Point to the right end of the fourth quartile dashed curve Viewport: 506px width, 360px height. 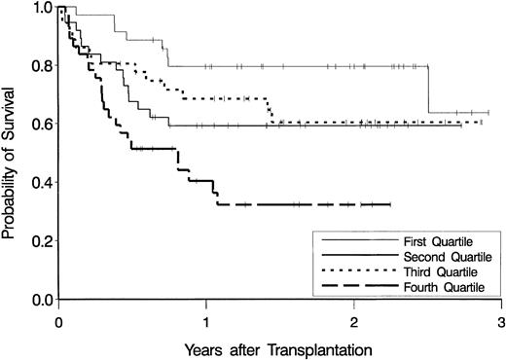(390, 204)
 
